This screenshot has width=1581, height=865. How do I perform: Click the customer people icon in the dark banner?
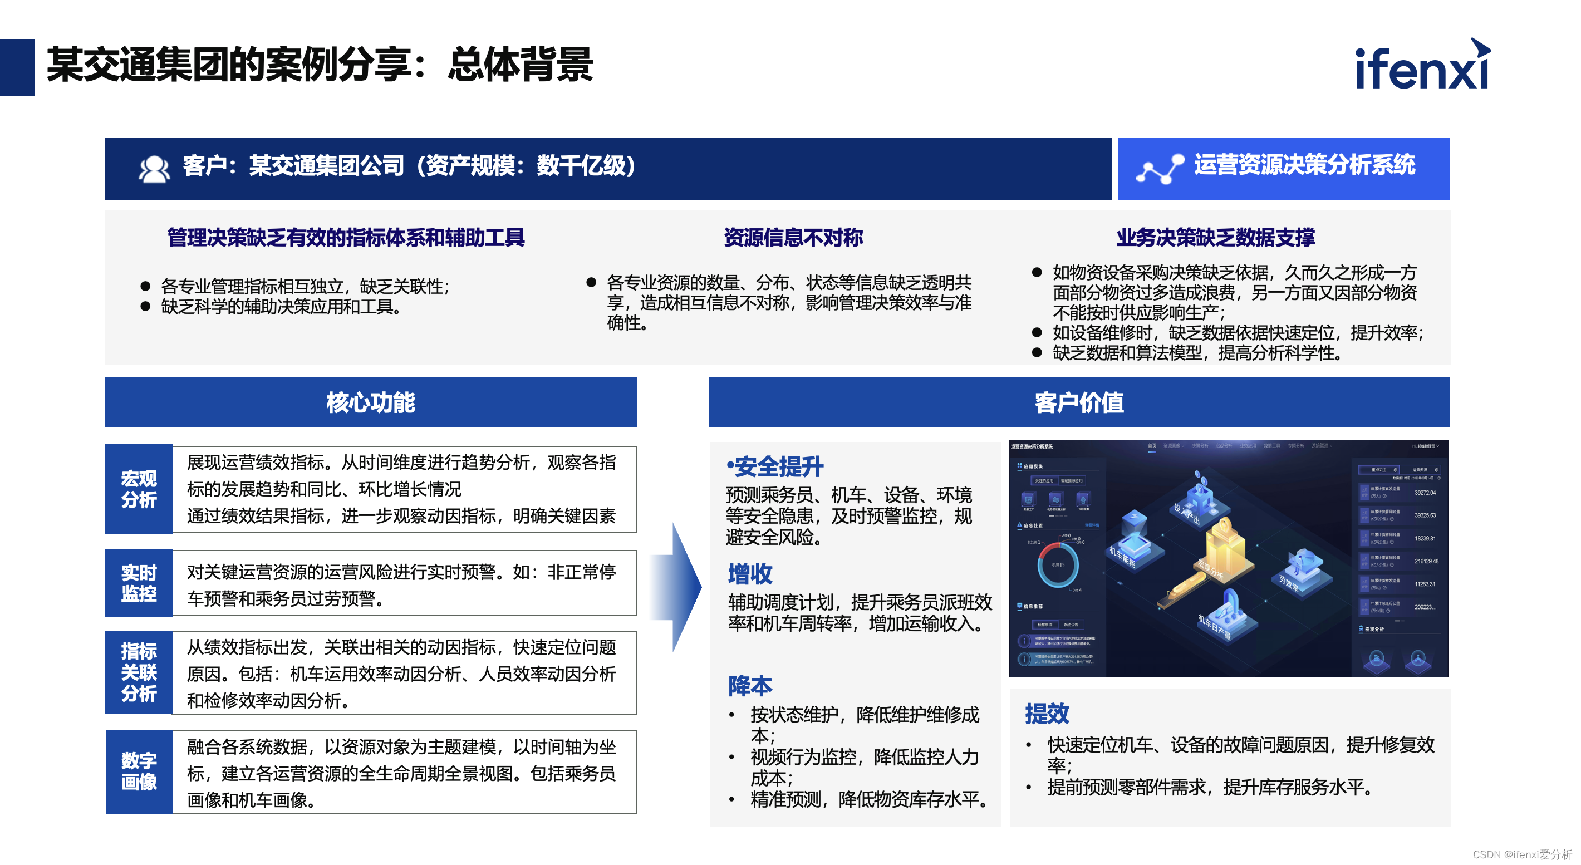(x=154, y=169)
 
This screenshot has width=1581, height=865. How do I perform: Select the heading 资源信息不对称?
(x=793, y=238)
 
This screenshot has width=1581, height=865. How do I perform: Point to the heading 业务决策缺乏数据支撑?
(x=1215, y=238)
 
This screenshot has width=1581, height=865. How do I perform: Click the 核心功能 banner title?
(x=371, y=402)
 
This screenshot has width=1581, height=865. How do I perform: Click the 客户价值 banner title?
(x=1079, y=402)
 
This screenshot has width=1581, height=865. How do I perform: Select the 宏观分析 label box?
(x=139, y=489)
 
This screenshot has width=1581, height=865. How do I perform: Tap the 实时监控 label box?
(x=139, y=583)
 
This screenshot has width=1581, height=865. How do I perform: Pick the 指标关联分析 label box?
(x=139, y=672)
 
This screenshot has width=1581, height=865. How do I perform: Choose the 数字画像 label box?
(x=139, y=771)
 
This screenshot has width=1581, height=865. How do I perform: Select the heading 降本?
(x=750, y=686)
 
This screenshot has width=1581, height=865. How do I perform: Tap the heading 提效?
(x=1047, y=714)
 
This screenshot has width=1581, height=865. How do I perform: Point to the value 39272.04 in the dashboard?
(x=1425, y=493)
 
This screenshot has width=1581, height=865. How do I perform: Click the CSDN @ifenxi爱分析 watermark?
(x=1522, y=854)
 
